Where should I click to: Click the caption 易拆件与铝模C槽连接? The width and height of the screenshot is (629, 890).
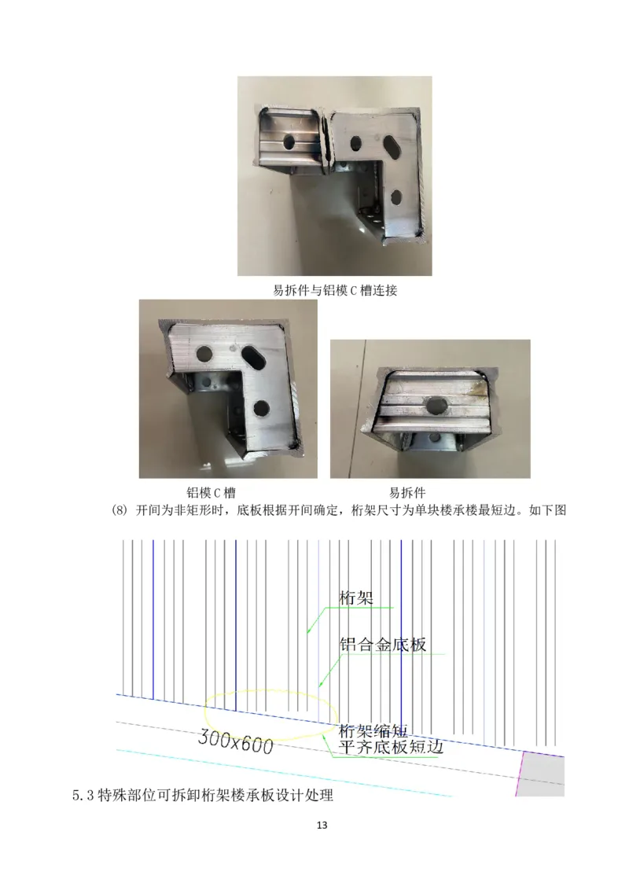coord(334,290)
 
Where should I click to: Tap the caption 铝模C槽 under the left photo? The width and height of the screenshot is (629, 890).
coord(211,493)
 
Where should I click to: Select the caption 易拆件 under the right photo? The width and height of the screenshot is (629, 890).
coord(407,493)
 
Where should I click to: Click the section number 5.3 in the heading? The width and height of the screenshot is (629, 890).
coord(83,796)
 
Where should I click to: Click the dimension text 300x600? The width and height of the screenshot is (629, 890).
coord(235,739)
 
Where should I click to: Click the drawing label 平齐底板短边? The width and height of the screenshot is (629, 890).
coord(390,747)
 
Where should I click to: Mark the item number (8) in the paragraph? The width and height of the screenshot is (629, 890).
coord(125,510)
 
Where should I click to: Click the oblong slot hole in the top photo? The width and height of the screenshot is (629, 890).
coord(391,146)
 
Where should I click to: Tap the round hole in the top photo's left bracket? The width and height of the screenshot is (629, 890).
coord(290,142)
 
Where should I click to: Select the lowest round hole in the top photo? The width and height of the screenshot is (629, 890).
coord(397,195)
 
